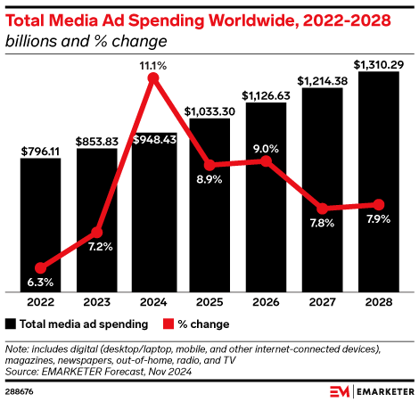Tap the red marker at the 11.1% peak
pyautogui.click(x=152, y=78)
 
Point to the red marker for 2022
pyautogui.click(x=40, y=267)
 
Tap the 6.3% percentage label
pyautogui.click(x=40, y=283)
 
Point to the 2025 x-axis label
pyautogui.click(x=209, y=303)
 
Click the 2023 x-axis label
pyautogui.click(x=96, y=303)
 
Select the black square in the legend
pyautogui.click(x=11, y=324)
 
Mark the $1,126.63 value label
pyautogui.click(x=265, y=94)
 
